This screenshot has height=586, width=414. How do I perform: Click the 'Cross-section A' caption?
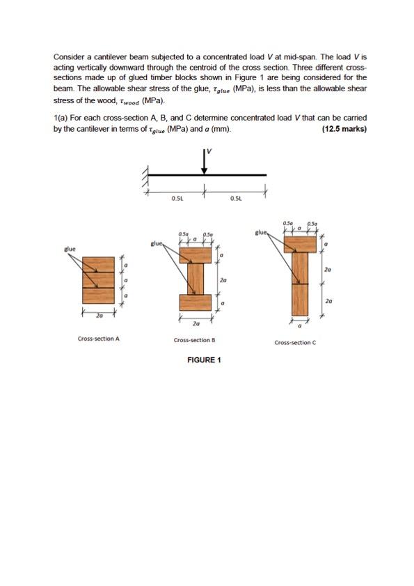(x=98, y=339)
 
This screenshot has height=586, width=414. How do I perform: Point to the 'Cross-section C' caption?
(x=295, y=342)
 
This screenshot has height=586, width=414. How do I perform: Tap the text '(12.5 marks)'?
(x=344, y=129)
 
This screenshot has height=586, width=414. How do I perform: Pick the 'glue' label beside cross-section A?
(x=70, y=248)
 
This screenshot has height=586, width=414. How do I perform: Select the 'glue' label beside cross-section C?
(x=262, y=233)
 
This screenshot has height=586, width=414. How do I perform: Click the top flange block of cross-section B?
(x=195, y=256)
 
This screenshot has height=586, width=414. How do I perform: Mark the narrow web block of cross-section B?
(x=195, y=279)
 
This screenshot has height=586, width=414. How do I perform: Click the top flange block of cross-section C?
(x=300, y=244)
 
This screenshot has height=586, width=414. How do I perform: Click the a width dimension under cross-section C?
(x=299, y=325)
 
